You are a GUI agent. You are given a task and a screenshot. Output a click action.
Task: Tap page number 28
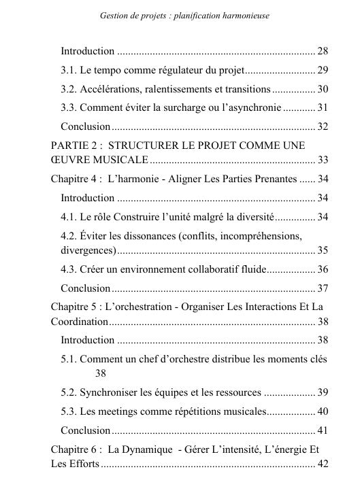point(323,51)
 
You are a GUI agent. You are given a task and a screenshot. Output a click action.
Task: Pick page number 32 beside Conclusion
point(323,126)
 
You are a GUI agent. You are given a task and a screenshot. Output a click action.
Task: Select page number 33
point(323,160)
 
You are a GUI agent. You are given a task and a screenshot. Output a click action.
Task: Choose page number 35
point(323,250)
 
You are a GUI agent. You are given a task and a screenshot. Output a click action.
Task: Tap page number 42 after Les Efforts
point(323,464)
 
